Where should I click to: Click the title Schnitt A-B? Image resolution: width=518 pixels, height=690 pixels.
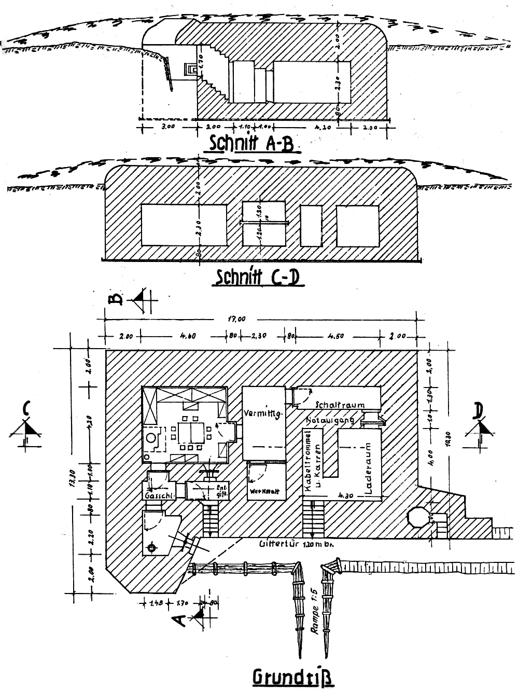coord(251,143)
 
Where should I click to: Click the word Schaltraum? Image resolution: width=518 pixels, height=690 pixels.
coord(340,405)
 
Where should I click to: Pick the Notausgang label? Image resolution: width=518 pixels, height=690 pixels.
coord(330,419)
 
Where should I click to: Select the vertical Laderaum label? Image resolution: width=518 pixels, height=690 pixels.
coord(369,470)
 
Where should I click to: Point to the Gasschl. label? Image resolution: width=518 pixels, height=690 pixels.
coord(158,496)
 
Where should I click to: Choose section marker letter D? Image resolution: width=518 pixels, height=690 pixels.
coord(478,411)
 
